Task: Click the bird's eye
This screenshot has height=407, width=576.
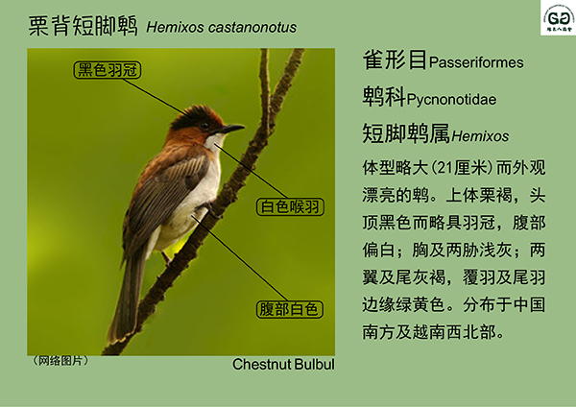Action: (x=204, y=126)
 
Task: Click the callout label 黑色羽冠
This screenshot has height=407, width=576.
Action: (x=108, y=70)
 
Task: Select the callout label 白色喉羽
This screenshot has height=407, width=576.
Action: (x=290, y=206)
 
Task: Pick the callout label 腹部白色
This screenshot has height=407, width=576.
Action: (x=290, y=309)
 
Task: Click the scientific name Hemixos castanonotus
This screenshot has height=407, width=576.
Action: (x=222, y=28)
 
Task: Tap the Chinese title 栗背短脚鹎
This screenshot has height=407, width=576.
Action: (x=83, y=26)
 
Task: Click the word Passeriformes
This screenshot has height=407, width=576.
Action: (x=476, y=62)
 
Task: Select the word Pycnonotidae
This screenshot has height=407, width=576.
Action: (x=451, y=100)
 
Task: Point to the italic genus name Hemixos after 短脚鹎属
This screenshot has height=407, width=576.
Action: (x=480, y=136)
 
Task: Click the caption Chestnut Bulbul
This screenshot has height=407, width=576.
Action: (x=283, y=365)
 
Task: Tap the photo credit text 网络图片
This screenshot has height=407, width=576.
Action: (x=60, y=361)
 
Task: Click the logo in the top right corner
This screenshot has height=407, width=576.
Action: (x=558, y=18)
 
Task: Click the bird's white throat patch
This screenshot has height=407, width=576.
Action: (x=214, y=141)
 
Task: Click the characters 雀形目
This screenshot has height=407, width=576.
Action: (x=395, y=60)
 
